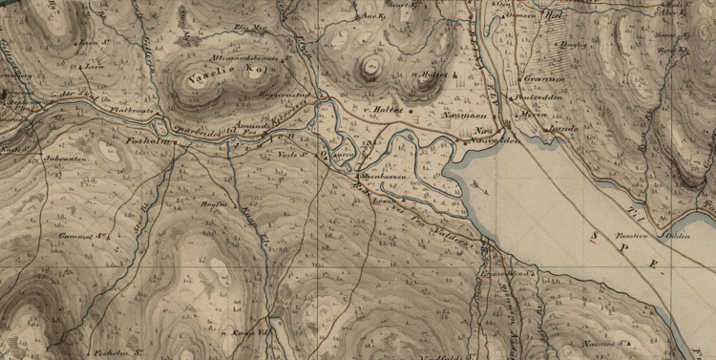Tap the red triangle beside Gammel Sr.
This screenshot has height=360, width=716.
click(x=112, y=231)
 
